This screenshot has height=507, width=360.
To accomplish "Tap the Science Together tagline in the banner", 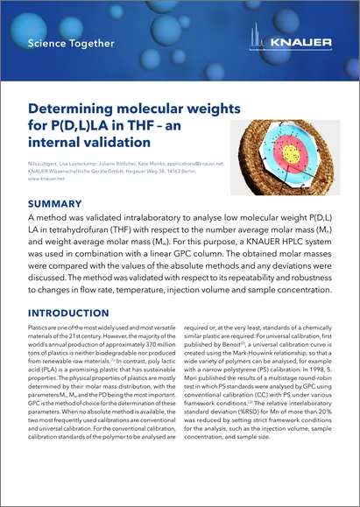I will pos(70,43).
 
